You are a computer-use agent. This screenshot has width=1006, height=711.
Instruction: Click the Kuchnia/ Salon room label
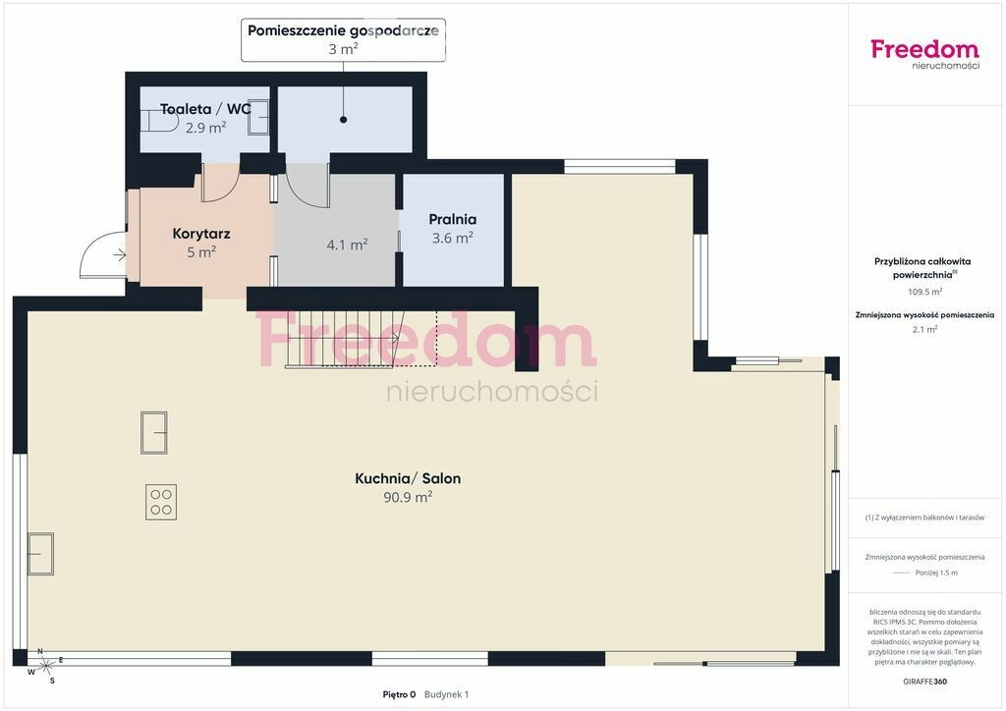pyautogui.click(x=408, y=478)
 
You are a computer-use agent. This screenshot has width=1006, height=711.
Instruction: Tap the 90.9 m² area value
pyautogui.click(x=408, y=497)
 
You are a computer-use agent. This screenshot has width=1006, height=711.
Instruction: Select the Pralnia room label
pyautogui.click(x=452, y=219)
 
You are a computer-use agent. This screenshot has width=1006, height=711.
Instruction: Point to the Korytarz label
pyautogui.click(x=200, y=234)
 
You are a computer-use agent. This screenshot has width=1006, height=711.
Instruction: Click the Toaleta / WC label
pyautogui.click(x=205, y=109)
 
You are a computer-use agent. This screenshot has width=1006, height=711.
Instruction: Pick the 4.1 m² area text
pyautogui.click(x=347, y=245)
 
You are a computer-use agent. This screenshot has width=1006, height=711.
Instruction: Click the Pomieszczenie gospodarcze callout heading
pyautogui.click(x=343, y=30)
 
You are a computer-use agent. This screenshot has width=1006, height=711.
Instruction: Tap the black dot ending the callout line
pyautogui.click(x=343, y=119)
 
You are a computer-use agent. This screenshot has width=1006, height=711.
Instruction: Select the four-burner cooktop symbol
pyautogui.click(x=161, y=503)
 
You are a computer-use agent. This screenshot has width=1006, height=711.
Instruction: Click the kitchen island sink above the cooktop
pyautogui.click(x=154, y=433)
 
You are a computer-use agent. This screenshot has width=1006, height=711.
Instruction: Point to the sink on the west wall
pyautogui.click(x=40, y=553)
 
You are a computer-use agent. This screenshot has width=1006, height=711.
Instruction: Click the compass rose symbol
pyautogui.click(x=45, y=666)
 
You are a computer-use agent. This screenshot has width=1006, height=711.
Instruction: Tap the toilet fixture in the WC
pyautogui.click(x=158, y=120)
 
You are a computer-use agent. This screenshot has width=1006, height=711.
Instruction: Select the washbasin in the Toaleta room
pyautogui.click(x=258, y=117)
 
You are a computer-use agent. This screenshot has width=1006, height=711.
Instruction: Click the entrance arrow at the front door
pyautogui.click(x=120, y=255)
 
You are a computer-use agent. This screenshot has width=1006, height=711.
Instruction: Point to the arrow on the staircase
pyautogui.click(x=360, y=337)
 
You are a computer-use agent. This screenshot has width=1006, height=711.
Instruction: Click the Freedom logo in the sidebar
pyautogui.click(x=925, y=54)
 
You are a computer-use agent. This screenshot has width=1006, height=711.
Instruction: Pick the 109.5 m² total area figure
pyautogui.click(x=924, y=292)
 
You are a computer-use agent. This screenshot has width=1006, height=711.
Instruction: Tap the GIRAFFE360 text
pyautogui.click(x=924, y=682)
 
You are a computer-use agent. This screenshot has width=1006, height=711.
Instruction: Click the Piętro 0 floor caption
pyautogui.click(x=399, y=694)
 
